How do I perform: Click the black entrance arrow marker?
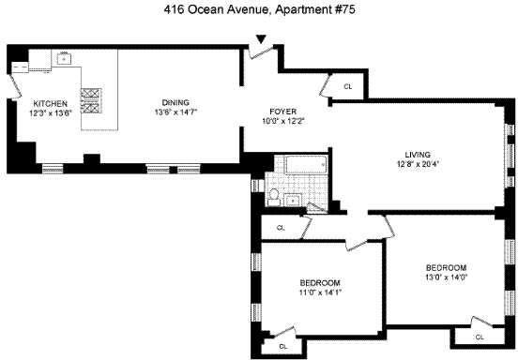[261, 39]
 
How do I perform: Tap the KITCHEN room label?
[51, 104]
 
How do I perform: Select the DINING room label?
[175, 102]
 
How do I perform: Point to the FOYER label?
[283, 112]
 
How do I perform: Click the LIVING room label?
[418, 155]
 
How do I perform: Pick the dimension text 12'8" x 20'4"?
[418, 164]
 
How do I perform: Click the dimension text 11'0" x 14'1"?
[320, 292]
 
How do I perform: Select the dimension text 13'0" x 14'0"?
[447, 277]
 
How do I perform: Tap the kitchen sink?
[64, 58]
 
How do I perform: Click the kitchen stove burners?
[91, 100]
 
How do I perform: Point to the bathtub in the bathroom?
[306, 165]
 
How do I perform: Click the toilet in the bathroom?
[273, 197]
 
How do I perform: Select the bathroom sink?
[293, 200]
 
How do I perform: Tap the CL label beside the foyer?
[348, 87]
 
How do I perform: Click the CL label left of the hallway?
[281, 228]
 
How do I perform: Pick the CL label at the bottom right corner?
[480, 337]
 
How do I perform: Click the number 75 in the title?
[349, 9]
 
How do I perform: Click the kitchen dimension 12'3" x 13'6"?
[51, 112]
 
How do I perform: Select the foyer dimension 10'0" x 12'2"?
[283, 121]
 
